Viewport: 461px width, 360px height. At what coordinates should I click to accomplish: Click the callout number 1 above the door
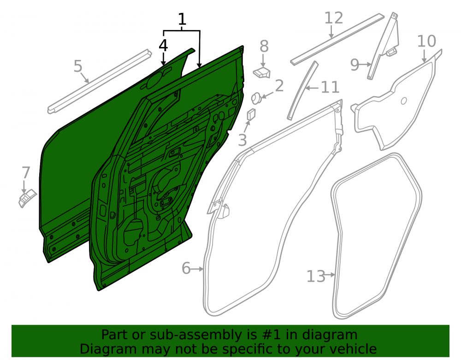[182, 19]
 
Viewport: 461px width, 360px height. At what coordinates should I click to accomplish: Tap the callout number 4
[163, 46]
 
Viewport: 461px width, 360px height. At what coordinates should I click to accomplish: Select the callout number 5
[78, 66]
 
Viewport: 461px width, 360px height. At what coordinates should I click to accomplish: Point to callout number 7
[26, 172]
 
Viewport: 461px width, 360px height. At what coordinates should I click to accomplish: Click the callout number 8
[264, 46]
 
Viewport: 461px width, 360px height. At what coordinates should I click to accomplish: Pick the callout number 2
[279, 86]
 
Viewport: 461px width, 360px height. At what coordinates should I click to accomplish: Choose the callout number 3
[242, 140]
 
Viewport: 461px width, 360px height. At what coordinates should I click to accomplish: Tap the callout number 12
[334, 18]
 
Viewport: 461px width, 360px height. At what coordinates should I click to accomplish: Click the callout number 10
[426, 41]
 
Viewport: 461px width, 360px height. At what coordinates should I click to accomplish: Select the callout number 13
[316, 276]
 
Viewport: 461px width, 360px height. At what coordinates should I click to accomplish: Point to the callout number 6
[186, 268]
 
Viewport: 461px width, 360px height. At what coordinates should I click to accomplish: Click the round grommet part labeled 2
[256, 98]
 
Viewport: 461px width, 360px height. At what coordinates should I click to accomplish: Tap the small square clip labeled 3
[251, 114]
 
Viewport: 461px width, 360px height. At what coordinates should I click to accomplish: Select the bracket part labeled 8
[261, 72]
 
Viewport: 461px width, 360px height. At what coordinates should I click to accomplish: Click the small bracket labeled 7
[27, 198]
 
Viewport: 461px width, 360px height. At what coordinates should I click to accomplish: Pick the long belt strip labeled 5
[100, 82]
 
